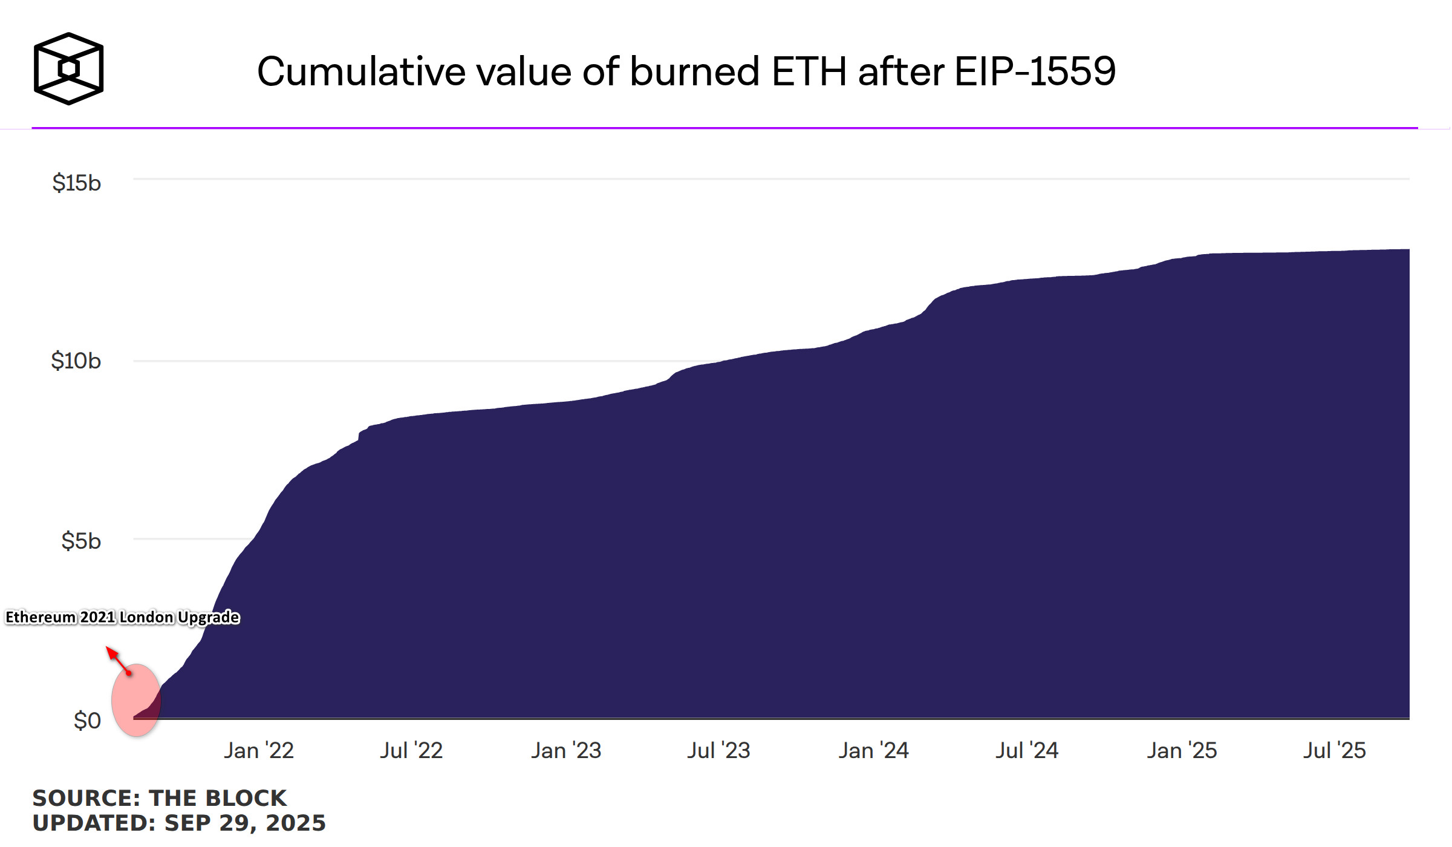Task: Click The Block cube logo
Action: pos(68,68)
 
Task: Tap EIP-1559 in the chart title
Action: pos(1035,71)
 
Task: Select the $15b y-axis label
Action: pos(76,183)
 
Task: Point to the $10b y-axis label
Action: pos(76,361)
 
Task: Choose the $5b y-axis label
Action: pos(80,541)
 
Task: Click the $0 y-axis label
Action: pos(87,721)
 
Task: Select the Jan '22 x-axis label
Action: pos(259,751)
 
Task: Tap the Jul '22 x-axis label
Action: pos(411,751)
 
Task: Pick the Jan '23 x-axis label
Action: pos(566,751)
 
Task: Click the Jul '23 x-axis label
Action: pos(718,751)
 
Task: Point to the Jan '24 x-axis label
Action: pos(873,751)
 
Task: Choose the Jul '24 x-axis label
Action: pos(1027,751)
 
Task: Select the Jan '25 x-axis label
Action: pos(1182,751)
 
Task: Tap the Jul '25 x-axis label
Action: pos(1334,751)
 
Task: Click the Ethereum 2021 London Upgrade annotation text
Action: pos(122,617)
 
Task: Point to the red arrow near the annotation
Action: pos(119,660)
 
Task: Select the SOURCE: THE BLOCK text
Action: pos(159,798)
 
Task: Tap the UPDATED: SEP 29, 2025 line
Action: pos(179,823)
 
